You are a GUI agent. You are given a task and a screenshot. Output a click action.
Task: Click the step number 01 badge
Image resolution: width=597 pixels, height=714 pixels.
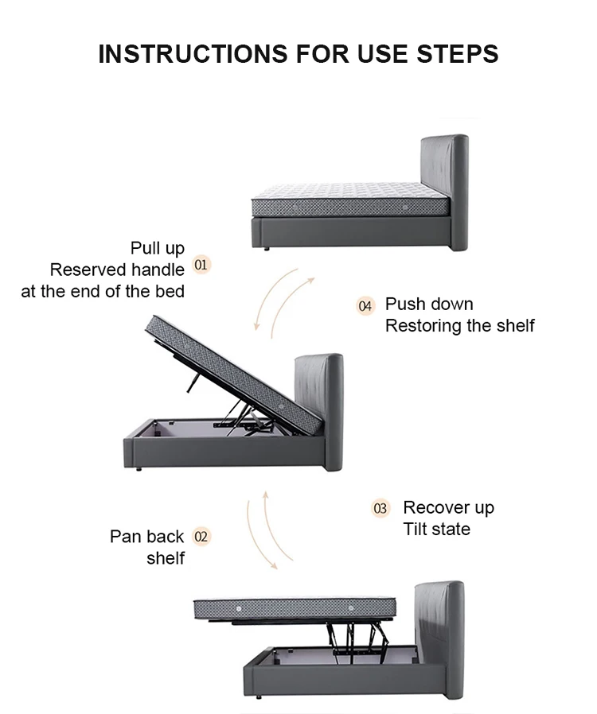click(x=202, y=264)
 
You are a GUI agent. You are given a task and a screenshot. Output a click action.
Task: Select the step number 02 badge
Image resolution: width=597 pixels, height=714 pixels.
click(x=201, y=537)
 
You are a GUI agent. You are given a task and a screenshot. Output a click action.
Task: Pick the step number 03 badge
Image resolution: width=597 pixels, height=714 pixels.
click(x=380, y=508)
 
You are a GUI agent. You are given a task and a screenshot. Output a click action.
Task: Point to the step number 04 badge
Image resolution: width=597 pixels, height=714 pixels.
click(x=365, y=305)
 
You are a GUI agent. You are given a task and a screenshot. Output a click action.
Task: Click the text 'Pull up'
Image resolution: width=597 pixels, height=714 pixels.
click(x=158, y=248)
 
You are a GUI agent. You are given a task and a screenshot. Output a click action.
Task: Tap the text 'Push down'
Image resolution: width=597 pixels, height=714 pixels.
click(x=429, y=304)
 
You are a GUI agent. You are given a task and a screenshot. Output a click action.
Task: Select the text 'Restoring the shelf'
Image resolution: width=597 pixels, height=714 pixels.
click(x=460, y=325)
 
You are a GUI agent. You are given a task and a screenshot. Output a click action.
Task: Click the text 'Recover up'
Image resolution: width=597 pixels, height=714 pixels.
click(x=448, y=507)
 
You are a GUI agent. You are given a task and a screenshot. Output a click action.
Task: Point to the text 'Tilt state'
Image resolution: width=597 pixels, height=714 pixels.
click(x=436, y=529)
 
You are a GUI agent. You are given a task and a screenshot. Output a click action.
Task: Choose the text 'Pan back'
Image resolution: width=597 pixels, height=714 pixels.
click(x=146, y=537)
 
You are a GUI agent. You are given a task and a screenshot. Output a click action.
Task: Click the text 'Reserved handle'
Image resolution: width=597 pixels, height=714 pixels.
click(x=117, y=270)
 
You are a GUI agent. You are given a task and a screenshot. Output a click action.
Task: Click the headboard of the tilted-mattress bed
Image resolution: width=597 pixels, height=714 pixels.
click(x=320, y=406)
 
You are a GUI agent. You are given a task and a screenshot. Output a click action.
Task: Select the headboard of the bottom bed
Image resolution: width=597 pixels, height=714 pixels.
click(x=443, y=636)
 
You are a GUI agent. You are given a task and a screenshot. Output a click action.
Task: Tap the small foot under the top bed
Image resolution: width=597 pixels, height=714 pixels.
click(x=266, y=249)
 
